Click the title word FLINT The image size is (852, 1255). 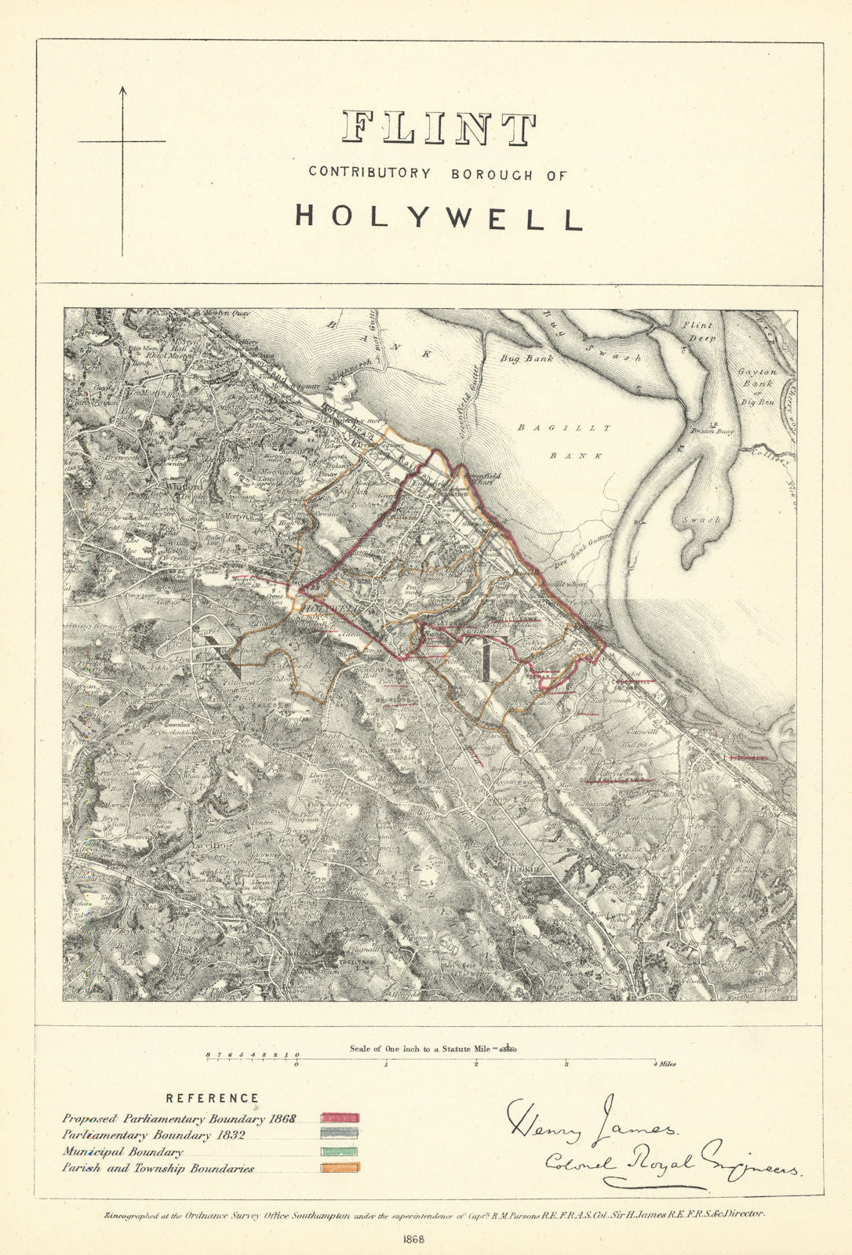[x=439, y=129]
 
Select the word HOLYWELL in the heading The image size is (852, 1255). [x=439, y=217]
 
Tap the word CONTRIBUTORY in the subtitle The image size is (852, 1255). [x=370, y=173]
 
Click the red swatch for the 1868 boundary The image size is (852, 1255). [x=340, y=1118]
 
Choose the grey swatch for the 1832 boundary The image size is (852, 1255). [x=340, y=1134]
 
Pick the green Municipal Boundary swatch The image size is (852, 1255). [x=340, y=1151]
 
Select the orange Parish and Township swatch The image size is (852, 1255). [x=340, y=1168]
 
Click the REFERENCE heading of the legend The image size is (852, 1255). [x=212, y=1098]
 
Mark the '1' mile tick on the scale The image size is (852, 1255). [x=386, y=1064]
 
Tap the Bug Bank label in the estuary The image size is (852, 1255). [x=526, y=358]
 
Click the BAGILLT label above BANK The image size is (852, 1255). [x=564, y=427]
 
